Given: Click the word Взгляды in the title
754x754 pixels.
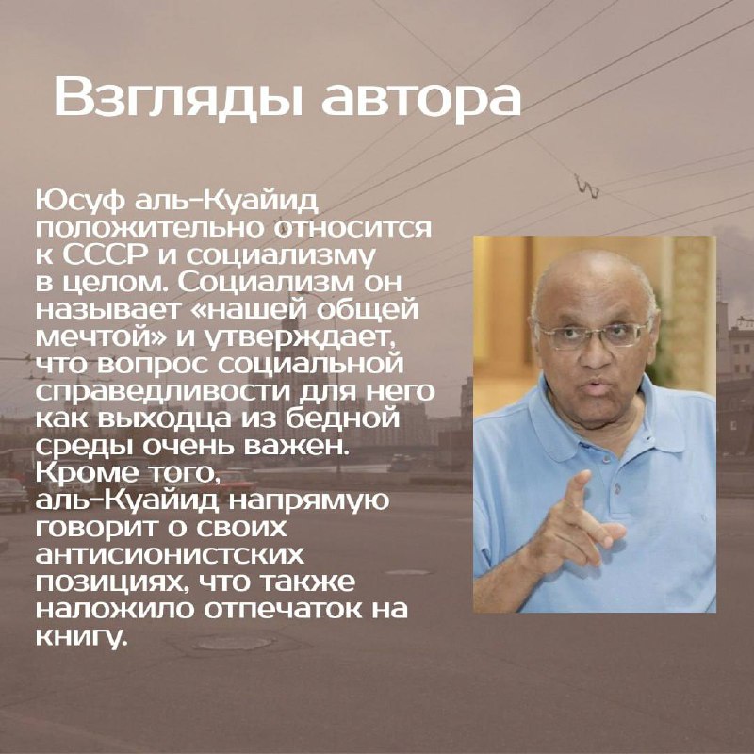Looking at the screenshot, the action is [x=178, y=96].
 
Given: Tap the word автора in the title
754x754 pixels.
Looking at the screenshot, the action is [x=421, y=99].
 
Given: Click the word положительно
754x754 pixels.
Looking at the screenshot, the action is [x=150, y=229].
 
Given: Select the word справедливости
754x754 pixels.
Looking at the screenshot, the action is [x=163, y=392].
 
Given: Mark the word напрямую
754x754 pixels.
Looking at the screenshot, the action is [x=308, y=501].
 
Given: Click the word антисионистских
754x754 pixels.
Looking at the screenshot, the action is [x=170, y=555].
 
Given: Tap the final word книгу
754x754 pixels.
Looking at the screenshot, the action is [x=82, y=638].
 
